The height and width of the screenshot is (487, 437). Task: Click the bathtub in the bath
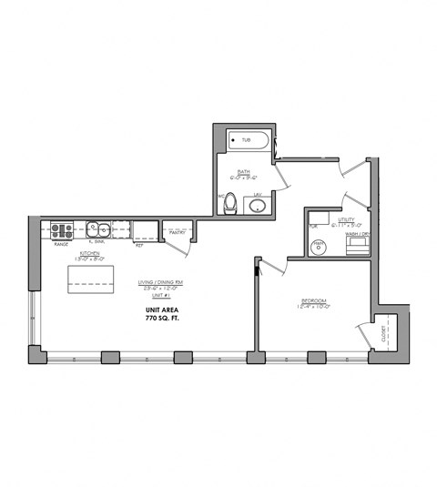click(249, 140)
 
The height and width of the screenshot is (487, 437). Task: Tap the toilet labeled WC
click(231, 203)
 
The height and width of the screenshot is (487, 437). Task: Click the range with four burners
click(62, 229)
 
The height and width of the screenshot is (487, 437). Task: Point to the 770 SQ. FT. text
click(164, 320)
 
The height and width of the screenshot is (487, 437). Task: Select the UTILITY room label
click(347, 219)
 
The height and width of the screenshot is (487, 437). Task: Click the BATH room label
click(244, 170)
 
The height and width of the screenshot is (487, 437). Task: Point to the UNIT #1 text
click(159, 296)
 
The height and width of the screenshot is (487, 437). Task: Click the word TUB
click(246, 140)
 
